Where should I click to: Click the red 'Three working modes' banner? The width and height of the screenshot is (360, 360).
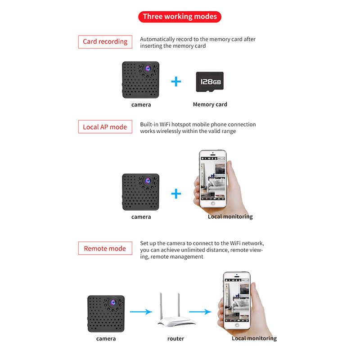click(x=180, y=17)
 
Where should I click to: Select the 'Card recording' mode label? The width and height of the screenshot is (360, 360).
click(x=105, y=42)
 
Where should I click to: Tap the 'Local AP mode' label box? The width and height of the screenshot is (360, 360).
click(x=105, y=127)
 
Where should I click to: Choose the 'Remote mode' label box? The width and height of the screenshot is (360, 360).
click(x=105, y=248)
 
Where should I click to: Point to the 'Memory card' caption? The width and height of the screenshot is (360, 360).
click(x=210, y=104)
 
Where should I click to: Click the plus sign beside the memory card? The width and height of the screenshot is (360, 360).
click(x=176, y=81)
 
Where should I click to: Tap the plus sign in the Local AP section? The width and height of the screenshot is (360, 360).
click(x=176, y=194)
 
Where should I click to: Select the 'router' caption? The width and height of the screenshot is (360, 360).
click(x=175, y=338)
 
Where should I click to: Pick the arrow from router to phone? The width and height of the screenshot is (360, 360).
click(x=200, y=311)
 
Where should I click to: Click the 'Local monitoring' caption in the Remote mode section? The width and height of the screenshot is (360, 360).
click(x=254, y=338)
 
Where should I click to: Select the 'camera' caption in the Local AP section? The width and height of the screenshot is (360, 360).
click(x=141, y=217)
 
